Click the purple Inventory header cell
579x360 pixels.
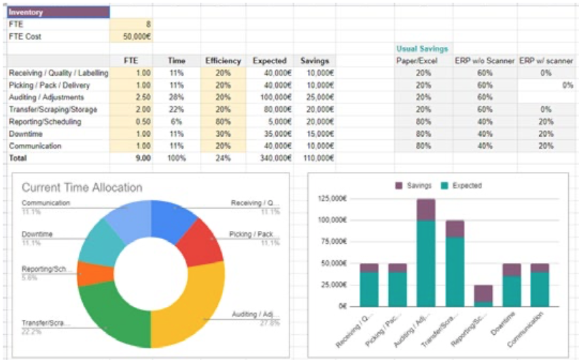click(x=58, y=12)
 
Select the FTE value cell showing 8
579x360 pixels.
click(x=130, y=24)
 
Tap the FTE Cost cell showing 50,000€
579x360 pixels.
click(x=130, y=36)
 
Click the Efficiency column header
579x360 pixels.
click(x=224, y=60)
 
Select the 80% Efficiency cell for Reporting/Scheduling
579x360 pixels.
click(x=224, y=122)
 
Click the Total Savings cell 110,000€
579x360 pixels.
click(x=315, y=158)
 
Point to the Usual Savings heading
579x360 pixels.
click(x=422, y=49)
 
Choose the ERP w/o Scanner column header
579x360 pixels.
click(x=485, y=60)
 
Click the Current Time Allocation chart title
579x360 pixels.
click(x=82, y=187)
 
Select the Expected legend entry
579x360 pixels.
click(x=461, y=185)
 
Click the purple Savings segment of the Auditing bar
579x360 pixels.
click(x=425, y=209)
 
